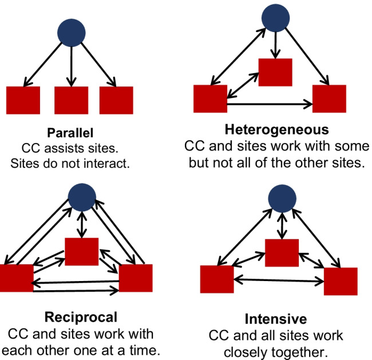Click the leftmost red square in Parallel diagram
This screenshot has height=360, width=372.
pos(23,100)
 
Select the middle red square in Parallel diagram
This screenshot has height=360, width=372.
pos(71,100)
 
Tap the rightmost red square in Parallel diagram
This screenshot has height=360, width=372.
pos(116,100)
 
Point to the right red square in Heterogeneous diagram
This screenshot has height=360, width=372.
pos(329,98)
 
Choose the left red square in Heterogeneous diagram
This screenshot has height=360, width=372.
pos(211,98)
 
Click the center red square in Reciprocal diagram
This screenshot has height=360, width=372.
pos(82,251)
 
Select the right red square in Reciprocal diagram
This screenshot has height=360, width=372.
pos(136,278)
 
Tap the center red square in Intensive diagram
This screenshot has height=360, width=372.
pos(281,253)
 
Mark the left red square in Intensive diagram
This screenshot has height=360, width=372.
pos(217,279)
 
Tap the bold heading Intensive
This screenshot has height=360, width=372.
pos(276,319)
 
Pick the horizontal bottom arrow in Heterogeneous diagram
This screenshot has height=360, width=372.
pos(270,105)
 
